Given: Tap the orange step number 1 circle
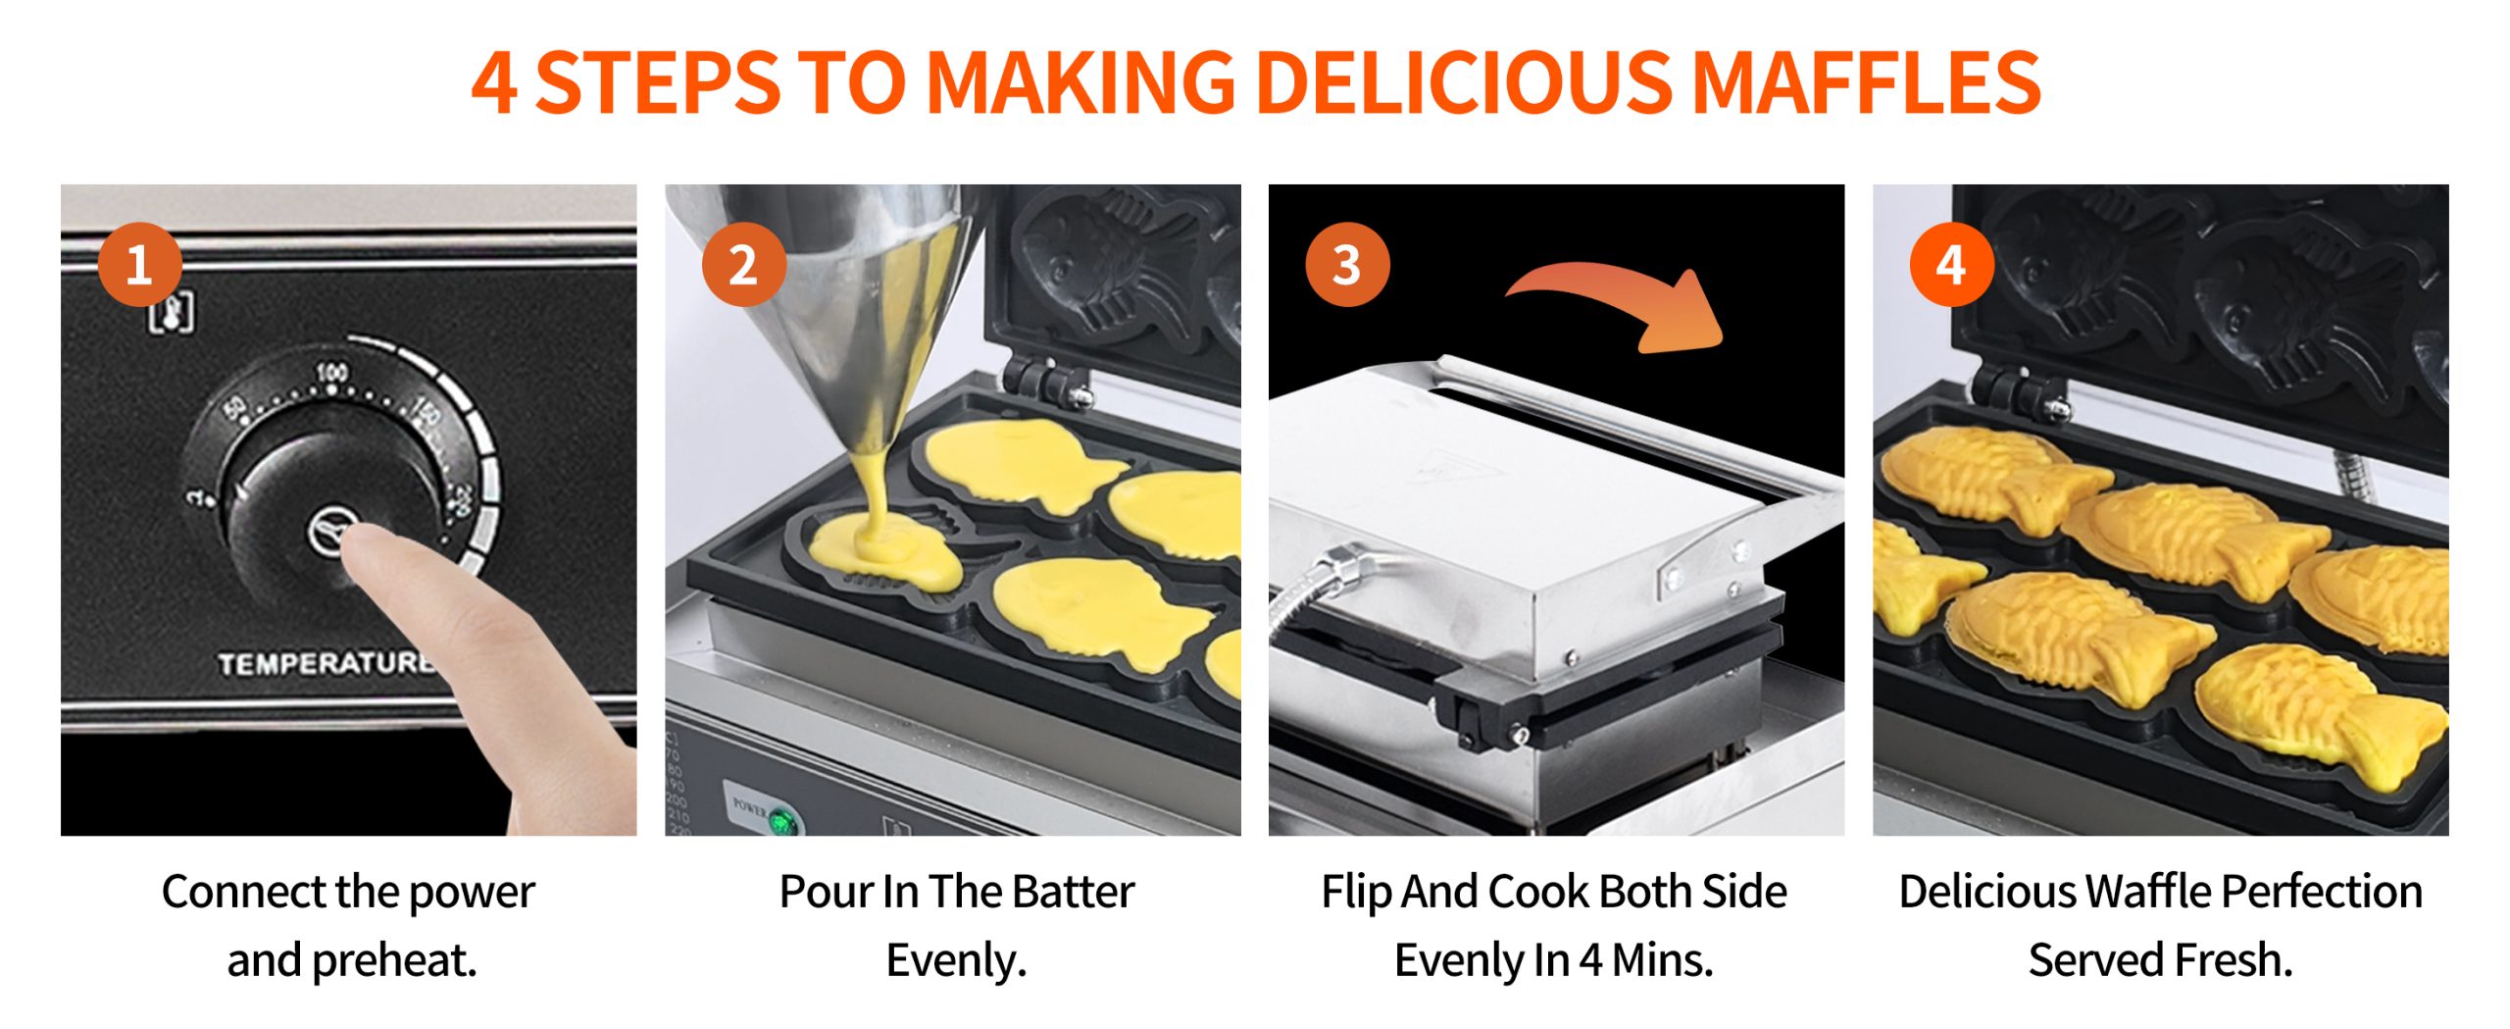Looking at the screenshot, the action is click(x=140, y=265).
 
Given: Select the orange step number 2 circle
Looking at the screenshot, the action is click(x=744, y=265).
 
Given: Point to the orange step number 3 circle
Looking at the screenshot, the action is click(x=1347, y=265).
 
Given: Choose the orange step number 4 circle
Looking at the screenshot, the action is click(x=1951, y=265).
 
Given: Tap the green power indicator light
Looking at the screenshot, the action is click(x=781, y=822).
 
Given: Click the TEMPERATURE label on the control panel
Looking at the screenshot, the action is click(x=326, y=664).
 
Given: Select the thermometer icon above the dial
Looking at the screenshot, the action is click(x=171, y=312).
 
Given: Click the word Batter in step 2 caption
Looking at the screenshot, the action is click(x=1074, y=892).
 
